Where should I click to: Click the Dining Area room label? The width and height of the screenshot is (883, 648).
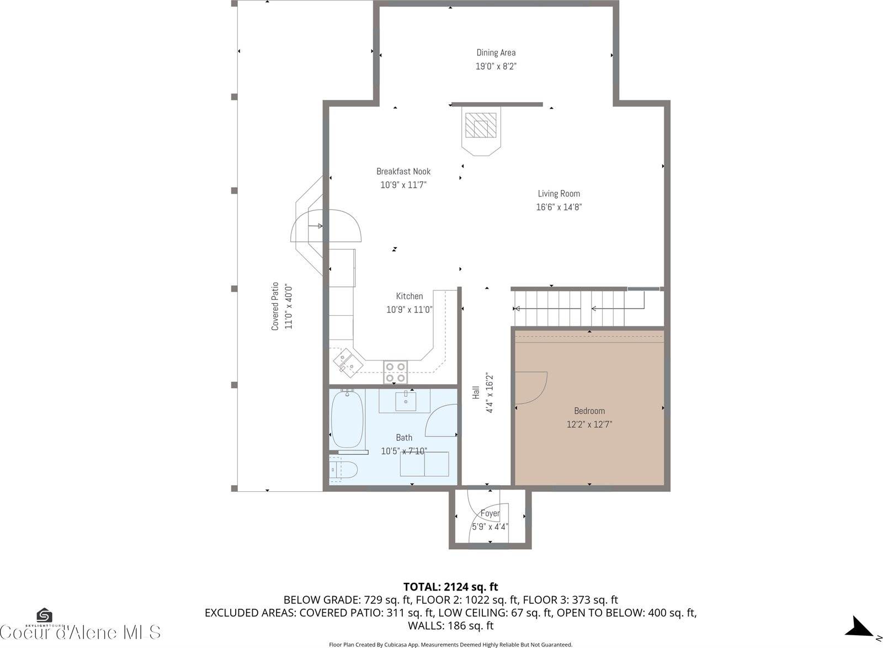click(496, 52)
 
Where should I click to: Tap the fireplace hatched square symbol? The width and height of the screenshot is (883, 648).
click(480, 125)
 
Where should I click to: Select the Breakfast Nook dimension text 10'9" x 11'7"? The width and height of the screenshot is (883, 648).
click(403, 185)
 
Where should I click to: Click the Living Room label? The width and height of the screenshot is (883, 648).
click(558, 194)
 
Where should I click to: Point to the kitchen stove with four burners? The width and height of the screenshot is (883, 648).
click(396, 372)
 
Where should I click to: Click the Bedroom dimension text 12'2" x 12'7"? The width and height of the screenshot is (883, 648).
click(589, 424)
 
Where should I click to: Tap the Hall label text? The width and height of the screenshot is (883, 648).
click(476, 393)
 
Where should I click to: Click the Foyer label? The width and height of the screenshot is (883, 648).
click(490, 513)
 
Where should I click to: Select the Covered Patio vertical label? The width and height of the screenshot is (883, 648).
click(275, 306)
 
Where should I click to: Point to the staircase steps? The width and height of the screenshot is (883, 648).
click(574, 309)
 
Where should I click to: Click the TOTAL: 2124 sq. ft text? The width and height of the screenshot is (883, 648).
click(450, 586)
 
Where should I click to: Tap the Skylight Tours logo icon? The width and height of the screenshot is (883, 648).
click(44, 616)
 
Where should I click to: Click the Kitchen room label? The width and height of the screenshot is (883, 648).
click(409, 296)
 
